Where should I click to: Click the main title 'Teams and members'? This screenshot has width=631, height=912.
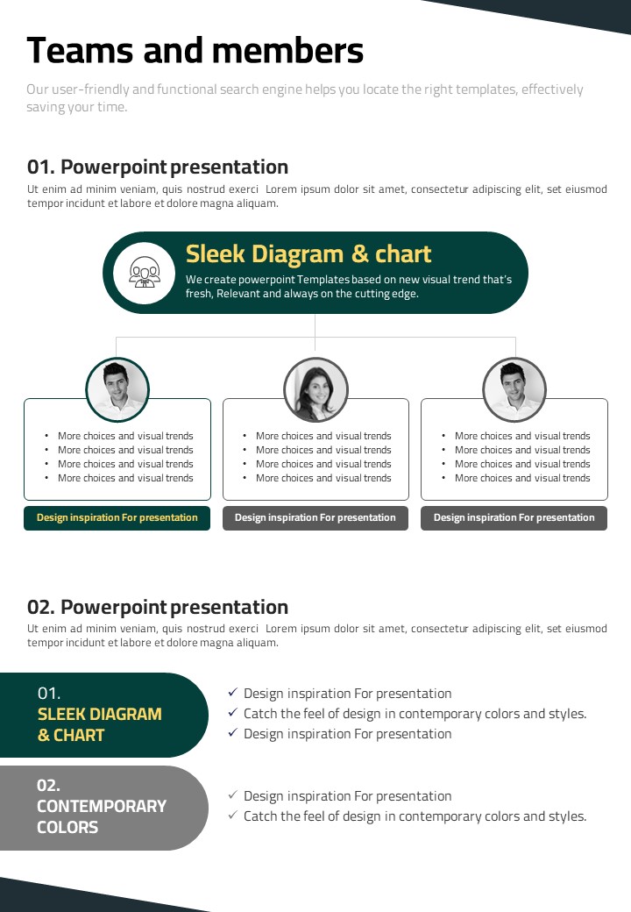point(195,51)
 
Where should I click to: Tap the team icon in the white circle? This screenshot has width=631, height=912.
point(144,272)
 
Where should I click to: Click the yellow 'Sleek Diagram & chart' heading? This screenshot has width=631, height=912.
point(308,254)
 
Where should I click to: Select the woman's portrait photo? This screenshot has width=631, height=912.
point(315,389)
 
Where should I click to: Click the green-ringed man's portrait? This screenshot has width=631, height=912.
point(117,389)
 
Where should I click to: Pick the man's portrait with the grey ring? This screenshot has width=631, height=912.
point(514,389)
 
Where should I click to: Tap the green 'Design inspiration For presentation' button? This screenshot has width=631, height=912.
point(117,517)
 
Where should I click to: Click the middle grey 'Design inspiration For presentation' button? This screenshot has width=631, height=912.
point(315,517)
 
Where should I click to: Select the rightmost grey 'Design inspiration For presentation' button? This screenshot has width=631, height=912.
point(514,517)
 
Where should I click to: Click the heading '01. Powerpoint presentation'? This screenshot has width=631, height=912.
point(158,167)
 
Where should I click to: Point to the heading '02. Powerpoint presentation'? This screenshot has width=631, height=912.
point(158,607)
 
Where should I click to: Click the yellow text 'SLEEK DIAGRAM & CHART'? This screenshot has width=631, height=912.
point(99,724)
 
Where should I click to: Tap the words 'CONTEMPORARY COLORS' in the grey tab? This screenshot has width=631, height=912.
point(101,816)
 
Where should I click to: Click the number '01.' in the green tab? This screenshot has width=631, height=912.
point(49,694)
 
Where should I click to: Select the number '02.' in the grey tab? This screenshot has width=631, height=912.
point(48,785)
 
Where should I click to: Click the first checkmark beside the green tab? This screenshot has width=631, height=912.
point(233,692)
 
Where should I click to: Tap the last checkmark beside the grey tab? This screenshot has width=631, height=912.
point(233,815)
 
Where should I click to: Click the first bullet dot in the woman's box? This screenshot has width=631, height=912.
point(245,436)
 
